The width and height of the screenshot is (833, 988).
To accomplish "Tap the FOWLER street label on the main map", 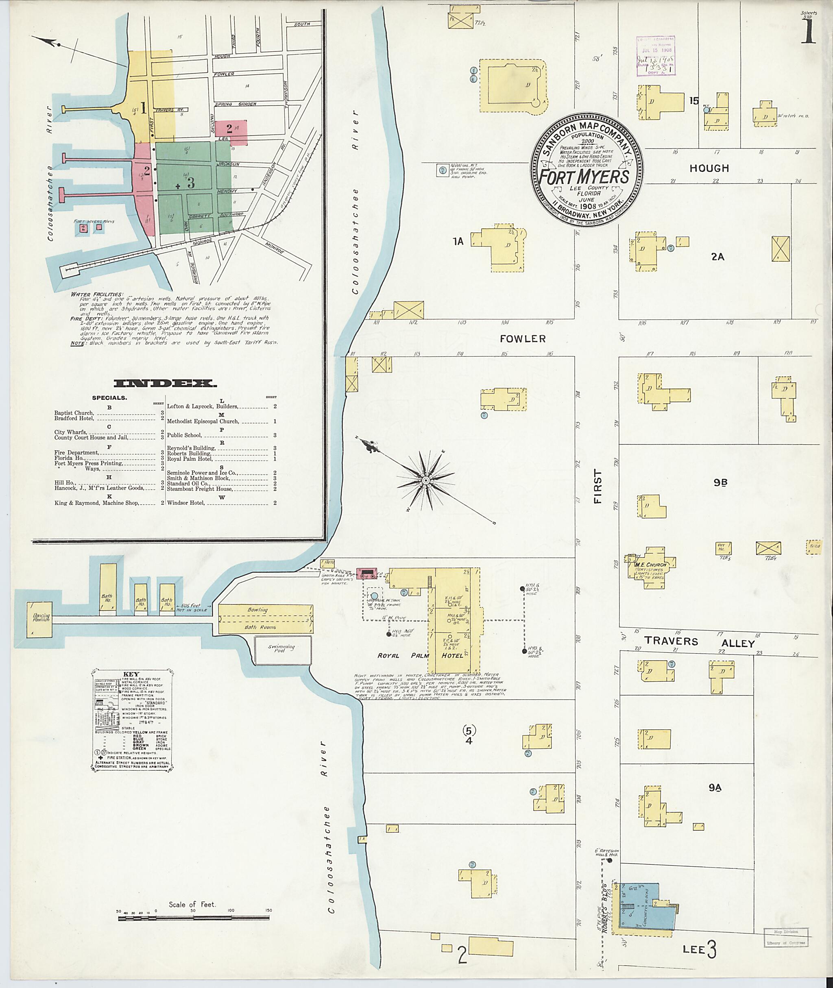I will pos(522,339).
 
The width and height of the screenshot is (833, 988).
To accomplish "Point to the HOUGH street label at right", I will pos(709,168).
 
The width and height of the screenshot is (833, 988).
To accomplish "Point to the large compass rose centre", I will pos(425,480).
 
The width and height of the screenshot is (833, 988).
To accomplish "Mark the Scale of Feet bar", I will pos(193,917).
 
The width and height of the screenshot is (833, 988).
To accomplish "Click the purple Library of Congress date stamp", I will pos(655,55).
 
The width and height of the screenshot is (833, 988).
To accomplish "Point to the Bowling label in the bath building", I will pos(257,610).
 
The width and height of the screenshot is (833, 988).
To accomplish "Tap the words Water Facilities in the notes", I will pos(97,294).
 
